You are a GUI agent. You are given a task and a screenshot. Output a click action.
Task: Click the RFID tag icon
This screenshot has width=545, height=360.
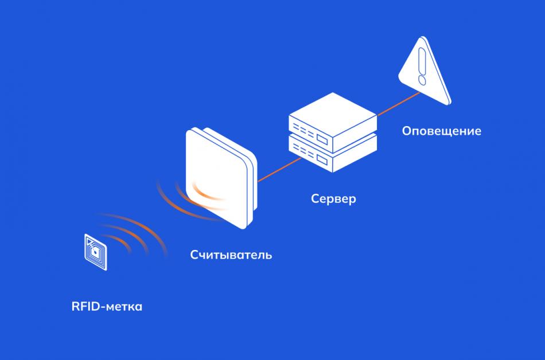pos(95,250)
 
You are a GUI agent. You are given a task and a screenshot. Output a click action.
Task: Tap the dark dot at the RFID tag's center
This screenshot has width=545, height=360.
pos(95,251)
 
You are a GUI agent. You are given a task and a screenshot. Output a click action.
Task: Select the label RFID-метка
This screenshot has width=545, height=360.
pos(107,307)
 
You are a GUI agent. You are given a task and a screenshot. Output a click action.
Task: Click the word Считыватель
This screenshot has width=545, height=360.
pos(231,255)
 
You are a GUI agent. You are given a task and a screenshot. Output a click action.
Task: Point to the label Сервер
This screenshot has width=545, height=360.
pos(333,199)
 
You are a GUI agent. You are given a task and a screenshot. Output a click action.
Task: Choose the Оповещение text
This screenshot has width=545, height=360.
pos(441,131)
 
